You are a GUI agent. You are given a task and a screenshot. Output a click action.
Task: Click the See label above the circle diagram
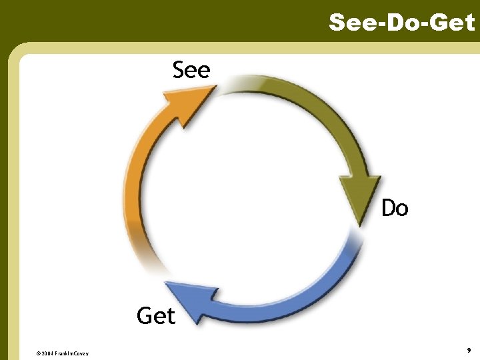point(191,69)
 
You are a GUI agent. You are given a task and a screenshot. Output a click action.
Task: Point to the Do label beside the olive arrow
point(395,209)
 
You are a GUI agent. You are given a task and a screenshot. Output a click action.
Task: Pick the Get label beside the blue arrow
point(156,315)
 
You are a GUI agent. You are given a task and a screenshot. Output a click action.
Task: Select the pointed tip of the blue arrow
point(166,287)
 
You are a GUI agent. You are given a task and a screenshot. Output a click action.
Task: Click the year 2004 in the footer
point(49,353)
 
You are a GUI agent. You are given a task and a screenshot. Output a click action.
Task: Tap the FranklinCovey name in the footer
point(73,353)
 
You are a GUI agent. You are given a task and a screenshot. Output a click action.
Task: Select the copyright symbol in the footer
point(38,353)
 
